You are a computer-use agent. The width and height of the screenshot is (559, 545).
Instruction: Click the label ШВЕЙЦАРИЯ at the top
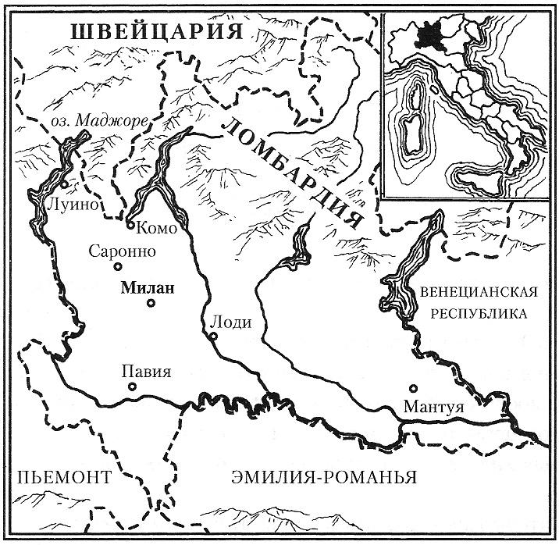[153, 32]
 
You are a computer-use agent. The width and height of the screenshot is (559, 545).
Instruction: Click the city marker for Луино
[65, 185]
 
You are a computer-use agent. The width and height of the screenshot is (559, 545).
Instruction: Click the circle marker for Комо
[130, 225]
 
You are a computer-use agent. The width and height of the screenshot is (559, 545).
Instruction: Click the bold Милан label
[146, 287]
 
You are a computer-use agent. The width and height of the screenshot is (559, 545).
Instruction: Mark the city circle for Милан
[151, 303]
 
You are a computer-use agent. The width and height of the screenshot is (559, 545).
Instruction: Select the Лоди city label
[226, 322]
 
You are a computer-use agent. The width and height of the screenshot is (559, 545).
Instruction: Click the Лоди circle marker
[212, 337]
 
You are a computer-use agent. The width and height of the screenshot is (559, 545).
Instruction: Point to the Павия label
[146, 372]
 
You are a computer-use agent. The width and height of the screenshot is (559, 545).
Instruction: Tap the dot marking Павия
[133, 386]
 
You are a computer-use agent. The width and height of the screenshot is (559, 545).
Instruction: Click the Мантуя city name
[434, 407]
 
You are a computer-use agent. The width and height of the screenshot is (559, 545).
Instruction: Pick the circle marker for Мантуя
[413, 388]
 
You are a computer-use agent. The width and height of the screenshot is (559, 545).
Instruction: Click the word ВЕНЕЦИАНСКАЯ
[479, 292]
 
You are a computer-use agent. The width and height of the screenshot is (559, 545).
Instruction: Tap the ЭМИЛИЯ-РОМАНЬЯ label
[324, 477]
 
